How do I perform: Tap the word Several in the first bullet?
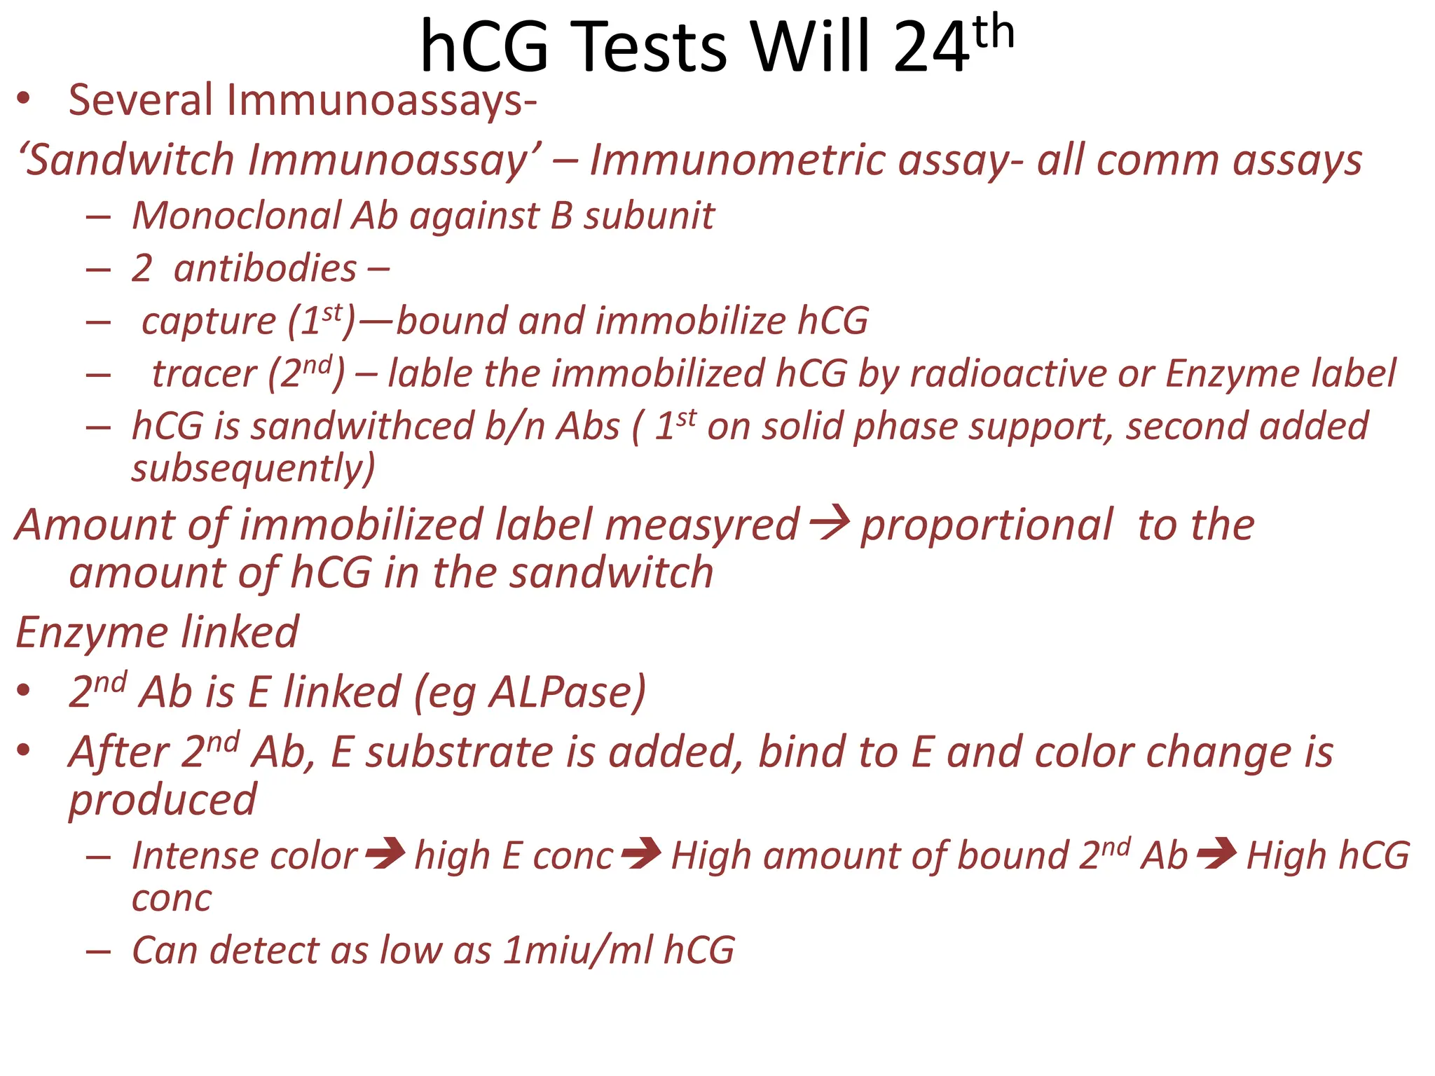[x=140, y=100]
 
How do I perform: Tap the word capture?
[x=208, y=322]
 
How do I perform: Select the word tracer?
[x=204, y=374]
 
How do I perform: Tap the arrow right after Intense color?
[x=385, y=853]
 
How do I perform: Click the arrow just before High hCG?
[x=1216, y=853]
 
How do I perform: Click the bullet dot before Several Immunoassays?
[x=24, y=99]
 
